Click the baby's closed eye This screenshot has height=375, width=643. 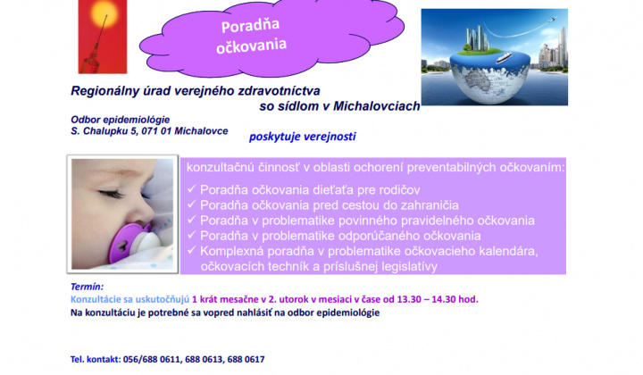pyautogui.click(x=108, y=193)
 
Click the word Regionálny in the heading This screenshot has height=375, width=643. pyautogui.click(x=108, y=90)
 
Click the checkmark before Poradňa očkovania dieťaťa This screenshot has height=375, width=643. pyautogui.click(x=192, y=190)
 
